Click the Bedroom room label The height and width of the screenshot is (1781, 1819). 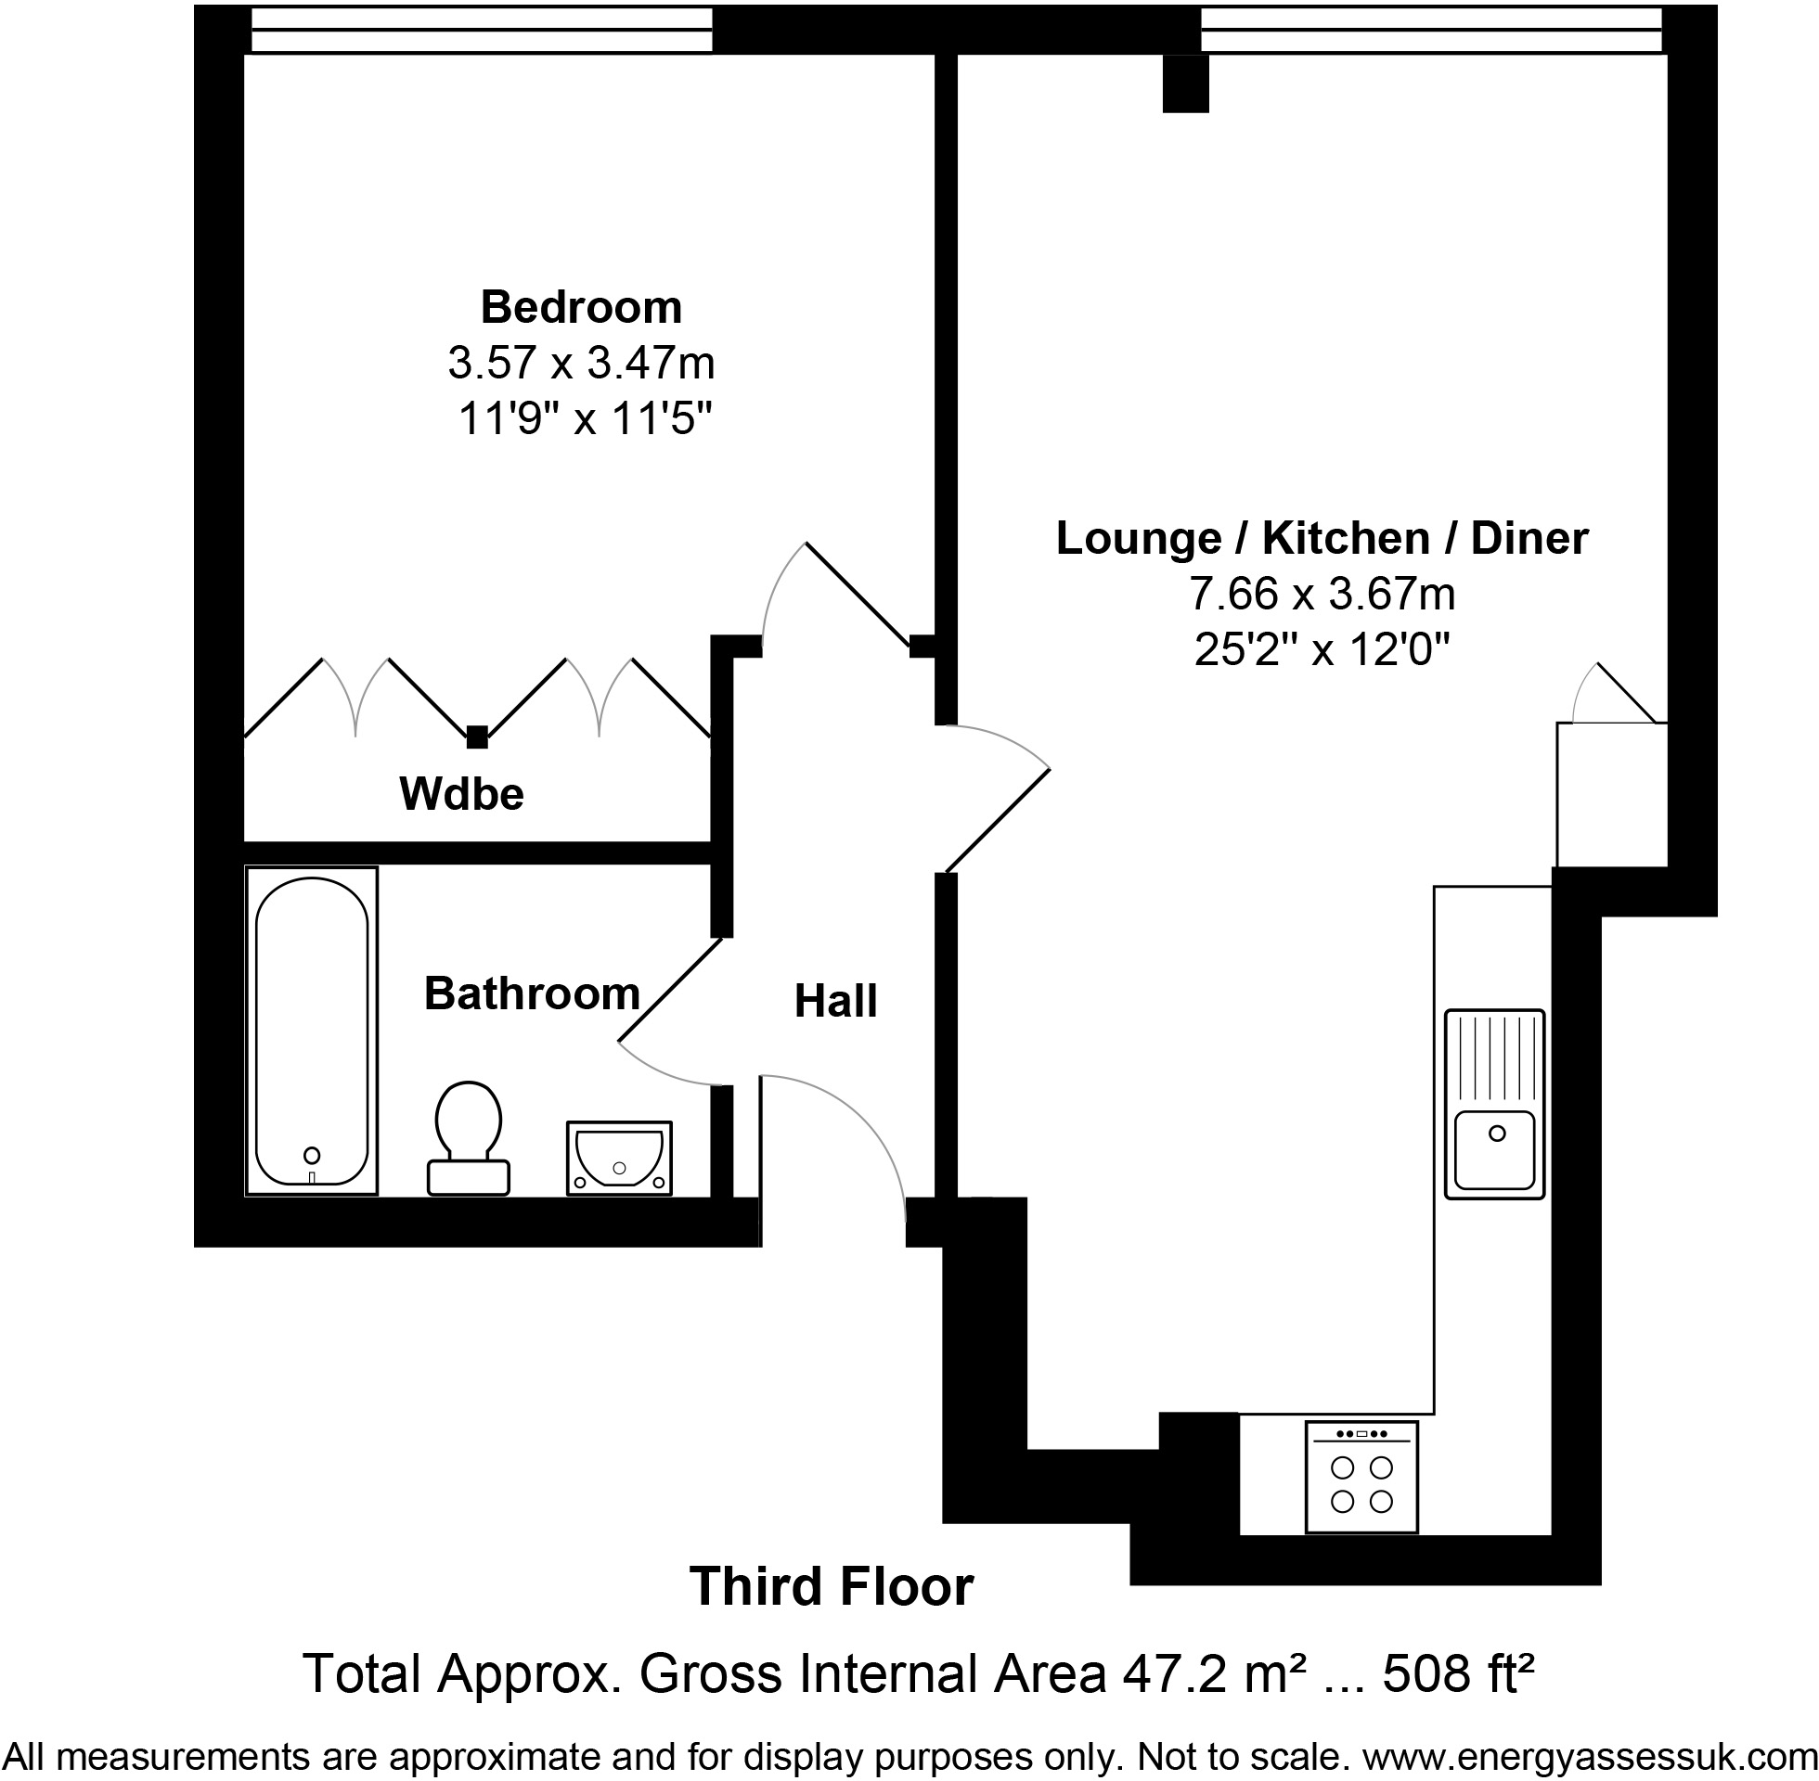click(581, 307)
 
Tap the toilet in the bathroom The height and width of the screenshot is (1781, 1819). click(469, 1137)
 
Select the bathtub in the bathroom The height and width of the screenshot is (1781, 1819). click(312, 1031)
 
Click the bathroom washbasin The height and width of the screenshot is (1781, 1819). click(619, 1158)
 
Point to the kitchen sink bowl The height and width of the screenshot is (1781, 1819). click(1494, 1149)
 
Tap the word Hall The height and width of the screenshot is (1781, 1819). click(835, 1002)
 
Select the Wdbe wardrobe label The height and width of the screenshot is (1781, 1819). click(461, 794)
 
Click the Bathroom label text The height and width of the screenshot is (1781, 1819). click(532, 993)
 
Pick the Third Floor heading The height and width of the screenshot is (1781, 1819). click(832, 1586)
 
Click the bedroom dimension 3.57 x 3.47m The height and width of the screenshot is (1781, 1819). click(581, 363)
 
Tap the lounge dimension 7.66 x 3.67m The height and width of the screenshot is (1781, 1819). click(1322, 593)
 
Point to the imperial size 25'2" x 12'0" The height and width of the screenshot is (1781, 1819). click(1322, 648)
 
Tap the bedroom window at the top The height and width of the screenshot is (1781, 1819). click(482, 30)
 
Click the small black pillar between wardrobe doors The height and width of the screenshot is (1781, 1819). click(477, 737)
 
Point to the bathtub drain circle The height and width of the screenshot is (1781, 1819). click(312, 1155)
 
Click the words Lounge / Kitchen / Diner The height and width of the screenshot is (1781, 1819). click(1322, 538)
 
